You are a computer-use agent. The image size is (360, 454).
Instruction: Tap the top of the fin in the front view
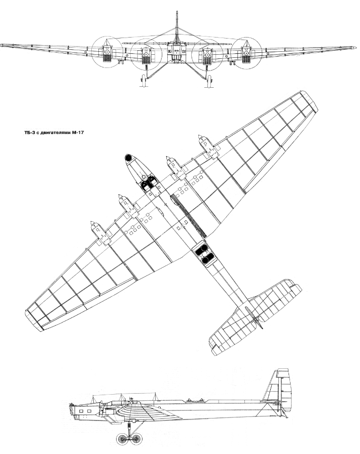coord(176,12)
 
